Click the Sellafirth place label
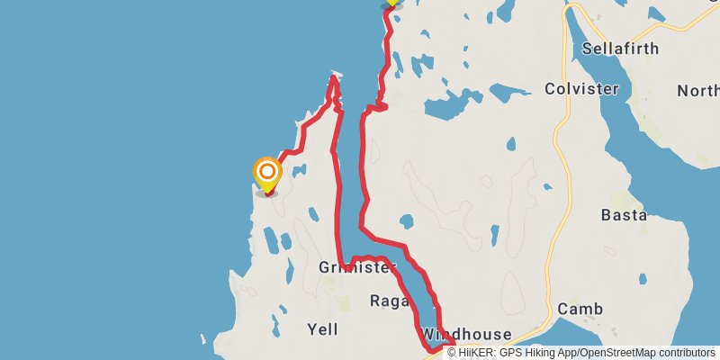click(x=620, y=48)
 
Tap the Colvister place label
click(x=581, y=88)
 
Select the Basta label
click(x=624, y=215)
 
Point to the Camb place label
click(x=579, y=309)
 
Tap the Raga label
click(x=391, y=301)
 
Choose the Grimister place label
click(x=357, y=267)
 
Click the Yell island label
click(x=322, y=328)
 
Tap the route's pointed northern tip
click(x=334, y=76)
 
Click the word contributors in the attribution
click(x=686, y=353)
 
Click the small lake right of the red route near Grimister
click(x=406, y=220)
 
